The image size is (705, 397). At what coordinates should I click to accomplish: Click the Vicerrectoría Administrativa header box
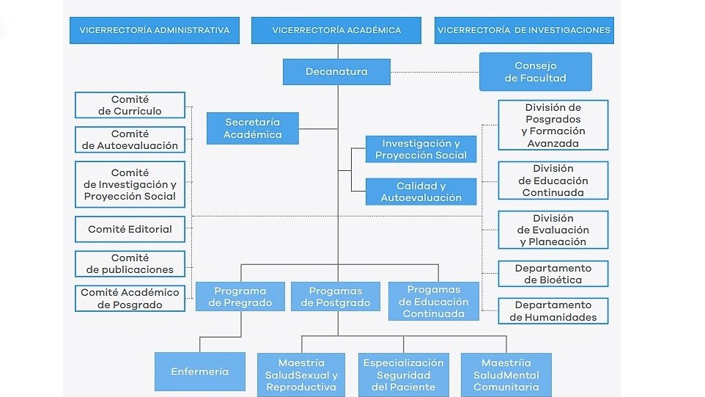[154, 30]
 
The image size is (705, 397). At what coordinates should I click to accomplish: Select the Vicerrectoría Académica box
[336, 30]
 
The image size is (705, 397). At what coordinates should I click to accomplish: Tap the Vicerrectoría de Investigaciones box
[524, 30]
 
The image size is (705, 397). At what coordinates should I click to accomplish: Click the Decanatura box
[336, 72]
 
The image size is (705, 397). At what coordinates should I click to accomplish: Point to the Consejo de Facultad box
[536, 72]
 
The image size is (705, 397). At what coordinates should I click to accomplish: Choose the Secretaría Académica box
[253, 128]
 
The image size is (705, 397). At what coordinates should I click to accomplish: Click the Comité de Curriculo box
[130, 106]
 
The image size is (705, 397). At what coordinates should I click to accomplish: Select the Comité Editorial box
[130, 229]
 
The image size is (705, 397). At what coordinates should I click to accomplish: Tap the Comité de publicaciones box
[130, 263]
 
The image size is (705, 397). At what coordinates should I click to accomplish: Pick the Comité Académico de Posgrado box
[130, 299]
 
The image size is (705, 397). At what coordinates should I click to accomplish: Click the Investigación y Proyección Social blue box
[421, 149]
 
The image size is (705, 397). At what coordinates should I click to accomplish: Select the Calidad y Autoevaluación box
[421, 192]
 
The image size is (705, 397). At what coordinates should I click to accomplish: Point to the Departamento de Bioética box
[553, 274]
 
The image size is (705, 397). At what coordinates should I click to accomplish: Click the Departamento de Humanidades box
[553, 311]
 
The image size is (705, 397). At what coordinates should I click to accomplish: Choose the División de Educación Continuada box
[553, 181]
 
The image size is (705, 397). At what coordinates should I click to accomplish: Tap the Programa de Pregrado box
[240, 296]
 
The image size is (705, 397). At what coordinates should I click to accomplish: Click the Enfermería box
[200, 372]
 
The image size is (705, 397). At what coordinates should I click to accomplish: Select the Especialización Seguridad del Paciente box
[403, 375]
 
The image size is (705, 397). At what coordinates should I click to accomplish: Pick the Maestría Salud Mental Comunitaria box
[506, 375]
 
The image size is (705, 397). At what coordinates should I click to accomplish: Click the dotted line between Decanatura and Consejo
[435, 72]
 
